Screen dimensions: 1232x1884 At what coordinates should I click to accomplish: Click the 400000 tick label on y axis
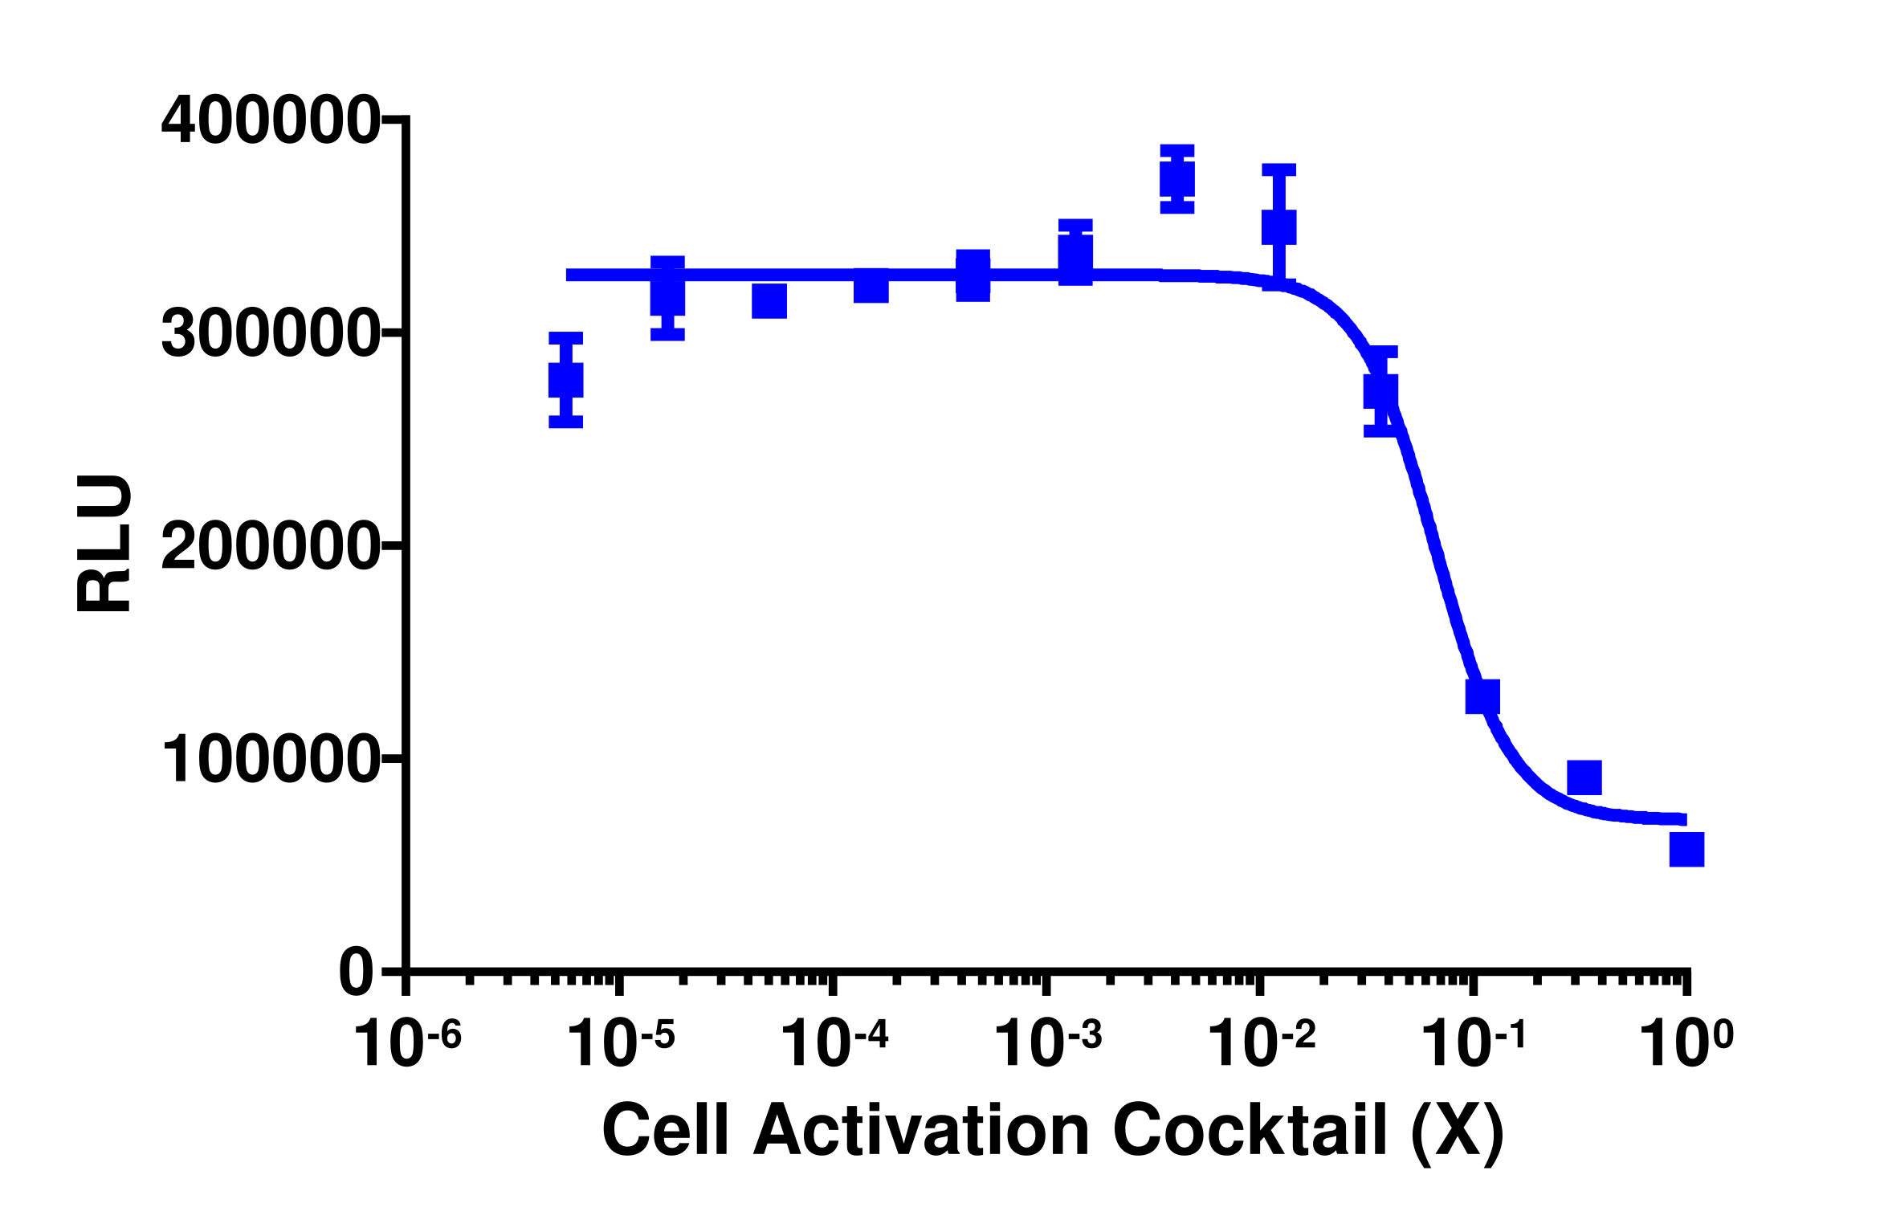click(x=270, y=121)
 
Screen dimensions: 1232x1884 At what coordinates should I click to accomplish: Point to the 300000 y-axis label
click(x=270, y=334)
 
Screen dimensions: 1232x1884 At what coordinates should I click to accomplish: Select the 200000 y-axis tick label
click(x=270, y=547)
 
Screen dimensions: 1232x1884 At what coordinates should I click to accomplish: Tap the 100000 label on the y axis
click(x=270, y=760)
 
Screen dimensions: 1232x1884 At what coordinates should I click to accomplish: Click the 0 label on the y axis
click(x=357, y=973)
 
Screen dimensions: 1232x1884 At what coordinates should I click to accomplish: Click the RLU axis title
click(x=104, y=544)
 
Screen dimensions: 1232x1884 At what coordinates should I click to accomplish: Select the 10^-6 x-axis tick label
click(x=407, y=1044)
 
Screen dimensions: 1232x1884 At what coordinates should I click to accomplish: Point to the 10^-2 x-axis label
click(x=1261, y=1044)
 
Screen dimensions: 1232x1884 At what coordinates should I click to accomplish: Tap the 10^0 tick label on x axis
click(x=1686, y=1044)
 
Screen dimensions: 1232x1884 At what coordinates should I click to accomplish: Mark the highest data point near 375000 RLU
click(x=1177, y=178)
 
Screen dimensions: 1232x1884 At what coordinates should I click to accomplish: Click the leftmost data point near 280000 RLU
click(x=565, y=380)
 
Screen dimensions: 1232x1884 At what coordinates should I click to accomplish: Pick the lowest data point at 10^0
click(x=1686, y=849)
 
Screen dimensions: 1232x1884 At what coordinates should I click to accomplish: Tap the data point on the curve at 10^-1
click(x=1482, y=696)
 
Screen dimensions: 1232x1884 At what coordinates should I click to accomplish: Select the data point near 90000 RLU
click(x=1584, y=777)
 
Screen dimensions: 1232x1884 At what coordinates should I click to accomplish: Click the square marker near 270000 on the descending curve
click(x=1380, y=392)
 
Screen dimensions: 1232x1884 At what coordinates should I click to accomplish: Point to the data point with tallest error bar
click(x=1278, y=226)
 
